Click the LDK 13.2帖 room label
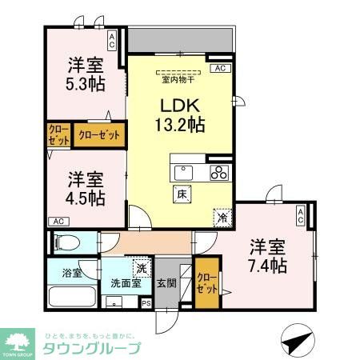[181, 114]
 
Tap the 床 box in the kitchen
[182, 193]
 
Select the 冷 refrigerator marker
[222, 215]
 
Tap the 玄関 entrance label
[167, 282]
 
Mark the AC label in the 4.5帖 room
[58, 221]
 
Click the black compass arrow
[298, 341]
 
